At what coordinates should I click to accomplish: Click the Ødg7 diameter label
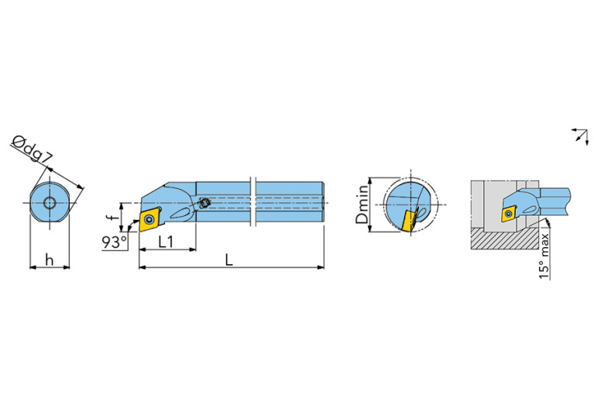(33, 149)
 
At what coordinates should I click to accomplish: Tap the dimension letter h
(50, 260)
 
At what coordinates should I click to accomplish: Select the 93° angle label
(115, 242)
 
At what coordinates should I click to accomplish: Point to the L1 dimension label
(166, 242)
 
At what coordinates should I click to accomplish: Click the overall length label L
(228, 260)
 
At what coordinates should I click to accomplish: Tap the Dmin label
(362, 204)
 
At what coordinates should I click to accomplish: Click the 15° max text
(544, 256)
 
